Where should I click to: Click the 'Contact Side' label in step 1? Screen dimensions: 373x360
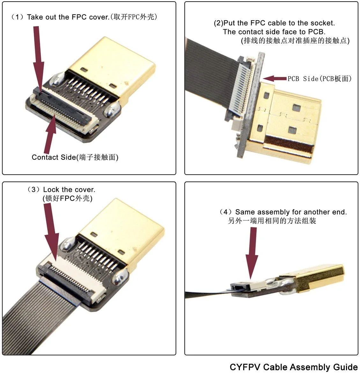pos(75,157)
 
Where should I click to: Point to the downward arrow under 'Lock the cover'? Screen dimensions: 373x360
pos(52,230)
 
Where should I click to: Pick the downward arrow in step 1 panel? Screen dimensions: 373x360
pos(38,57)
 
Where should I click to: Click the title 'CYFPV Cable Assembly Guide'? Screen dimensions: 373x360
pos(293,367)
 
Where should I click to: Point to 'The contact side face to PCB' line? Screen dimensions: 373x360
pos(274,32)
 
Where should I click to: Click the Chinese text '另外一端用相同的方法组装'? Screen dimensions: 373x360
pos(272,221)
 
